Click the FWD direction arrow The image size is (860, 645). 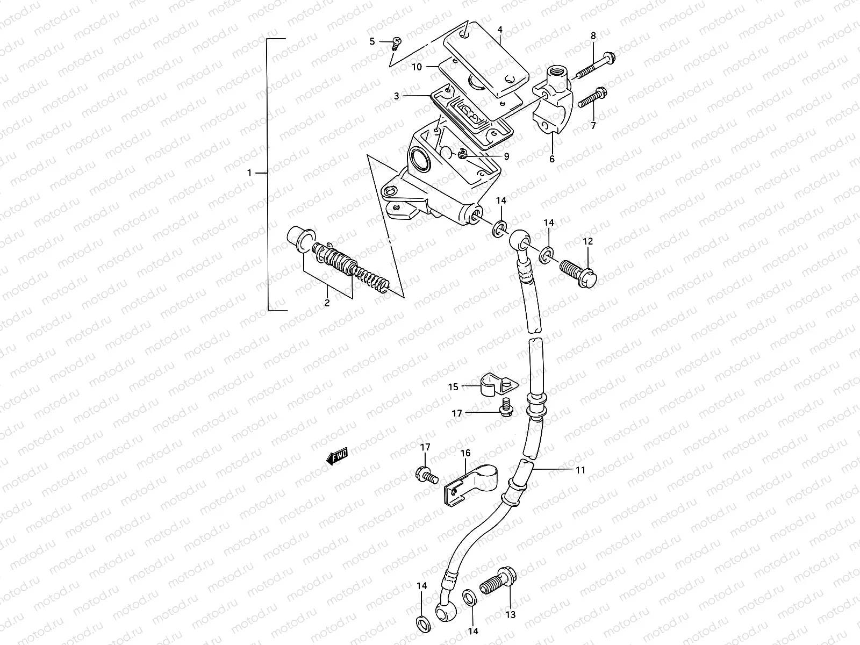[337, 457]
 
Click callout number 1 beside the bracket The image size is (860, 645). [249, 173]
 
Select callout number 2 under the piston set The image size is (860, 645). [326, 303]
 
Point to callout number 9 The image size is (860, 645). [506, 156]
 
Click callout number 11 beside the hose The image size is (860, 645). [579, 470]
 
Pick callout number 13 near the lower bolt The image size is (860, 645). [511, 614]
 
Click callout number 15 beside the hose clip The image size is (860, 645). [453, 386]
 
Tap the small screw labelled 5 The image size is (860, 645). [397, 42]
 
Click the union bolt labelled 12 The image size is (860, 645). [578, 270]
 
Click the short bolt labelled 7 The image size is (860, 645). [590, 99]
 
